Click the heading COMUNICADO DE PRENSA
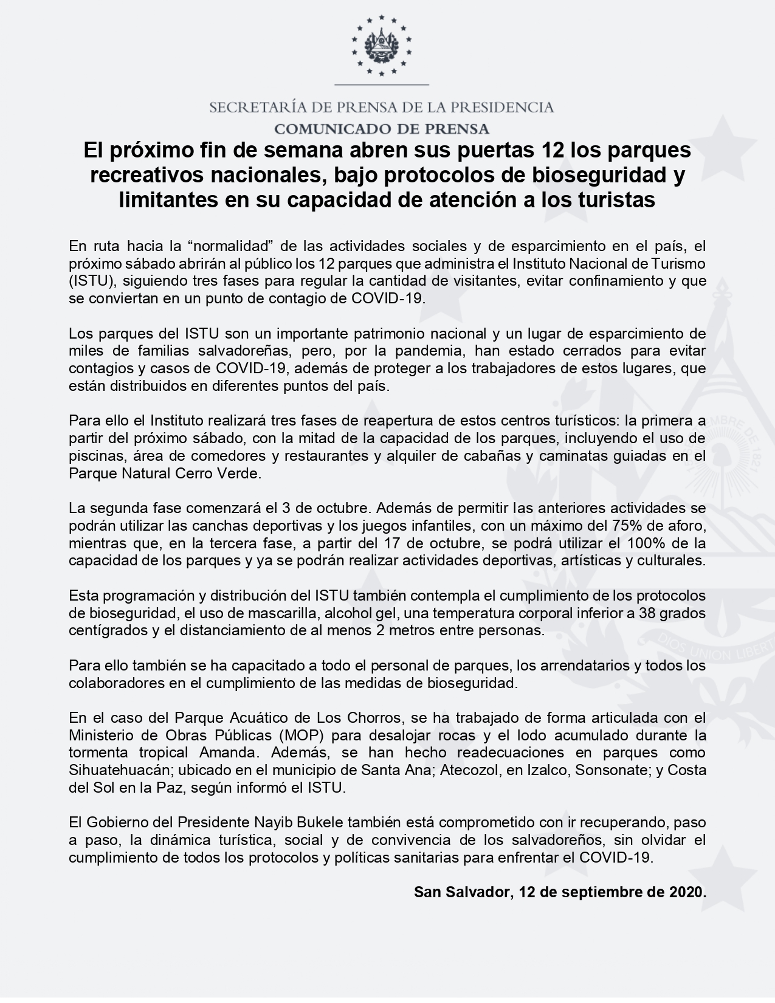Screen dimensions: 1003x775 click(x=381, y=129)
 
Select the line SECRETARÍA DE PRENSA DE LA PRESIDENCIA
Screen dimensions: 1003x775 click(x=381, y=108)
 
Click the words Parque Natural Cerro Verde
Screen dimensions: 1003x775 click(x=164, y=474)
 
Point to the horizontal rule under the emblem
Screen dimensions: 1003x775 click(x=381, y=84)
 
